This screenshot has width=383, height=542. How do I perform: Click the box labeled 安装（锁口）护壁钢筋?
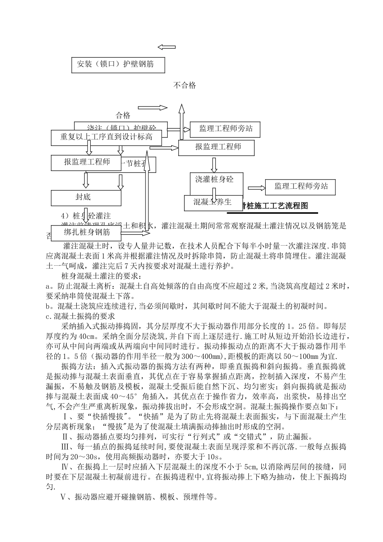tap(118, 65)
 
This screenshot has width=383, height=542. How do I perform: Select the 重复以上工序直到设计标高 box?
tap(106, 137)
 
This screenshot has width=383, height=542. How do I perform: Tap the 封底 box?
tap(86, 197)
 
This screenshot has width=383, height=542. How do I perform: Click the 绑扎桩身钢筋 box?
tap(87, 232)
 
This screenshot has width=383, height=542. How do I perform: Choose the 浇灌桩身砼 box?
tap(216, 179)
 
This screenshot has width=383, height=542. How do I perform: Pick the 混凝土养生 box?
tap(212, 202)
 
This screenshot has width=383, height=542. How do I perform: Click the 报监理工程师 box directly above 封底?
tap(86, 162)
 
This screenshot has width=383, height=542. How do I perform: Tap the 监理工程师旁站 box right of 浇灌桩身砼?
tap(300, 187)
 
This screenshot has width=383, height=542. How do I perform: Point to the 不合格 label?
tap(185, 85)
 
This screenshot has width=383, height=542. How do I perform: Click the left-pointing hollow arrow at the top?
tap(166, 47)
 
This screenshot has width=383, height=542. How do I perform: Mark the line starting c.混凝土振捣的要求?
tap(81, 316)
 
